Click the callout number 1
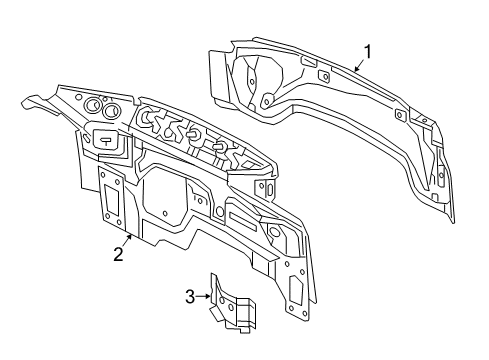click(x=367, y=52)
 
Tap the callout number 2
click(x=118, y=254)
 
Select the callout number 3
click(x=190, y=296)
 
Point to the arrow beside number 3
click(x=203, y=296)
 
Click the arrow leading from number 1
click(x=360, y=65)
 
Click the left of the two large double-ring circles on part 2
click(x=92, y=105)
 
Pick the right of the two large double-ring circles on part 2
click(x=111, y=111)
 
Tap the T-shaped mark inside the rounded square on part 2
click(x=106, y=141)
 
